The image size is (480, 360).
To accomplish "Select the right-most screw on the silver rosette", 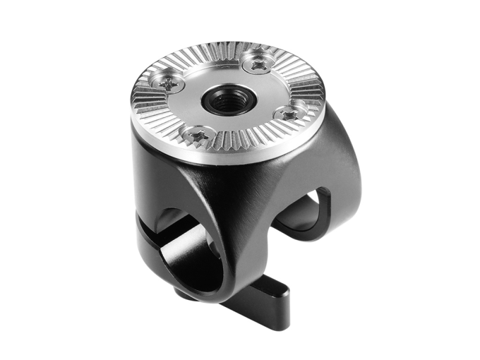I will [x=289, y=114].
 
